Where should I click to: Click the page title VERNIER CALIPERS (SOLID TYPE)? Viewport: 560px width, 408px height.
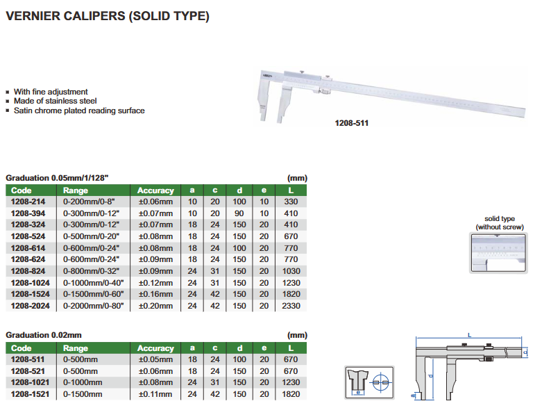pos(108,16)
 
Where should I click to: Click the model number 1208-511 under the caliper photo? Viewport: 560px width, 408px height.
pos(351,123)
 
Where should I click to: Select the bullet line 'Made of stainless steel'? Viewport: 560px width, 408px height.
pos(55,101)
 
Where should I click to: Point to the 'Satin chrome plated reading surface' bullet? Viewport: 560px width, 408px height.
pos(79,111)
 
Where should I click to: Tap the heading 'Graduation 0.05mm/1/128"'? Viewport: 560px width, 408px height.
pos(57,178)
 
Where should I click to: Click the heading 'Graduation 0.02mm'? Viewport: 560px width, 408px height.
pos(44,335)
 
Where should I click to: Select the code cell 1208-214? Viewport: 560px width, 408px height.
pos(28,202)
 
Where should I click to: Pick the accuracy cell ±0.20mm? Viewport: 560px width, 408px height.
pos(155,306)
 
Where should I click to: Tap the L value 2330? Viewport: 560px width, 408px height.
pos(291,306)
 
